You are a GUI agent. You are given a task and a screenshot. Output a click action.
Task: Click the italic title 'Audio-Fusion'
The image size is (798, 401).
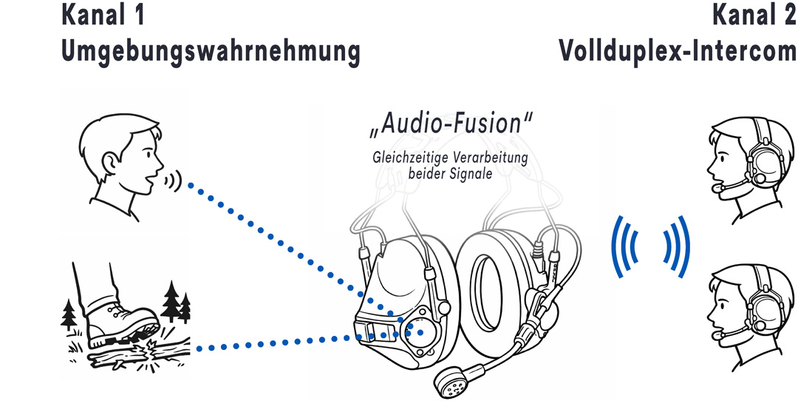[451, 124]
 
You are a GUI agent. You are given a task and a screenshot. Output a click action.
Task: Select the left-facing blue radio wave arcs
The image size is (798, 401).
[623, 246]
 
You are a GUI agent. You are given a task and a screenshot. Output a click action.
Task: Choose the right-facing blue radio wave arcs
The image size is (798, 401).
[677, 246]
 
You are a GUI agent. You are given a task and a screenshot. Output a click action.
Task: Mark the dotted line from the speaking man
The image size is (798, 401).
[296, 252]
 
